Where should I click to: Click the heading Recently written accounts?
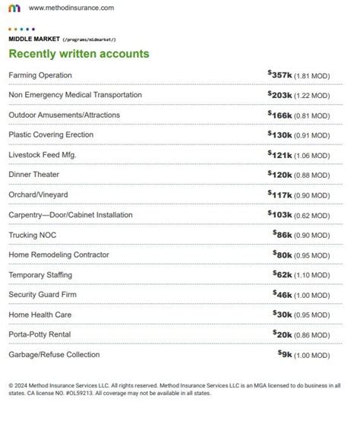pos(78,54)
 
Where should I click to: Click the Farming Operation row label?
pos(40,75)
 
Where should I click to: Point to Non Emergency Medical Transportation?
pos(75,95)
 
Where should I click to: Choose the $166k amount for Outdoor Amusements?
pos(280,115)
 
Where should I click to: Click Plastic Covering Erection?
pos(51,135)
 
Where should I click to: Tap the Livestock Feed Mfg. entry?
pos(43,155)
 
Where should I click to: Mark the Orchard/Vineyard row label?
pos(38,195)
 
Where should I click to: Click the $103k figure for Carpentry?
pos(280,214)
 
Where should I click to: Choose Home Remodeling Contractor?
pos(58,255)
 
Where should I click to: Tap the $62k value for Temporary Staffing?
pos(283,274)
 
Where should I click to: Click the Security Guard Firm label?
pos(44,294)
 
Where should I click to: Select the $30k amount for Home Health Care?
pos(283,314)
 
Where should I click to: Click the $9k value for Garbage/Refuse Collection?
pos(286,354)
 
